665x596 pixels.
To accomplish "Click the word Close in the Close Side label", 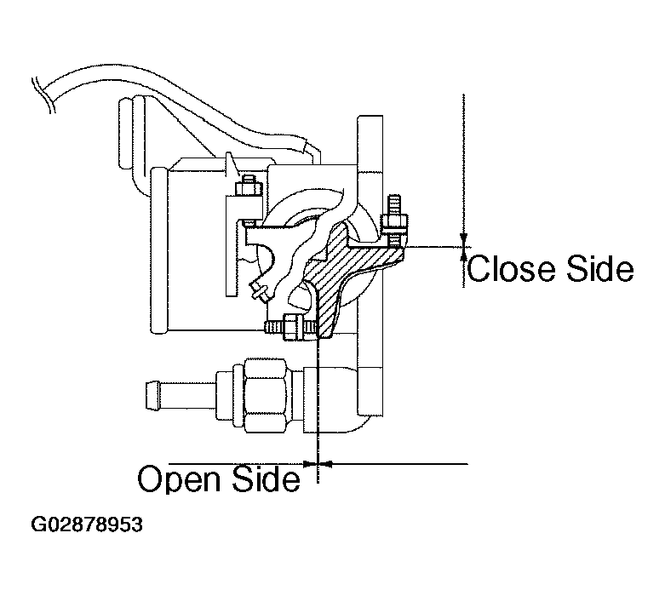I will pos(507,270).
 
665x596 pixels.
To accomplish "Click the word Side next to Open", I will pos(266,479).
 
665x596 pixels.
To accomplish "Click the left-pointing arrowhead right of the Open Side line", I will pos(326,465).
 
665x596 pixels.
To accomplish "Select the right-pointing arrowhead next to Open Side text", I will pos(309,465).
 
